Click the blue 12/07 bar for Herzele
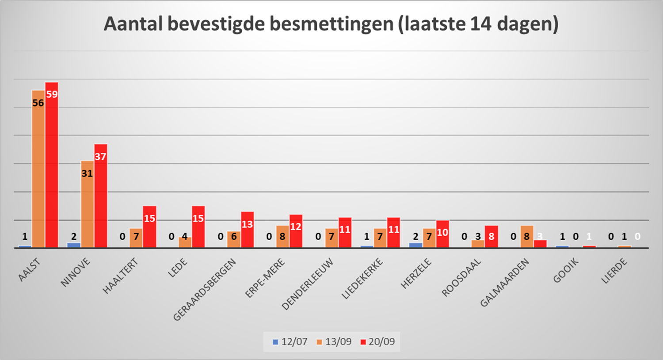[415, 245]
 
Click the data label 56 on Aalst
[38, 103]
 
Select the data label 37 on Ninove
[100, 157]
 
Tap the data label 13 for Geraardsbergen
[247, 224]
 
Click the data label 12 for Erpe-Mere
[296, 227]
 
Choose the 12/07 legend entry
[290, 342]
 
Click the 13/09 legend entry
[334, 342]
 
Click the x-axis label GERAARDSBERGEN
[205, 290]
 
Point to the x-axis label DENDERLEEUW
[308, 284]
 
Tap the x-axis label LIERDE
[614, 271]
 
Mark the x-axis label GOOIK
[566, 271]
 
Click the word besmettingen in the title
[331, 24]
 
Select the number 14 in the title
[481, 24]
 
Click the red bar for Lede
[198, 228]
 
